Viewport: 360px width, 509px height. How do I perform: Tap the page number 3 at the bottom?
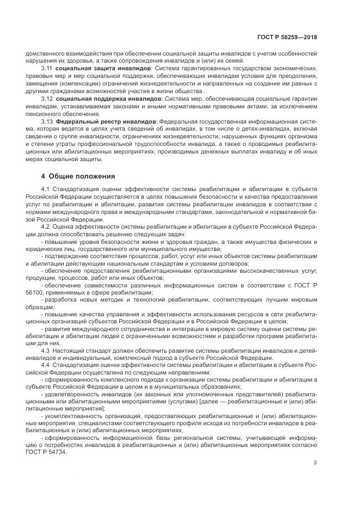(x=315, y=463)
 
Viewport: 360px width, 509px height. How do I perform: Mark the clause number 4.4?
(x=46, y=365)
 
